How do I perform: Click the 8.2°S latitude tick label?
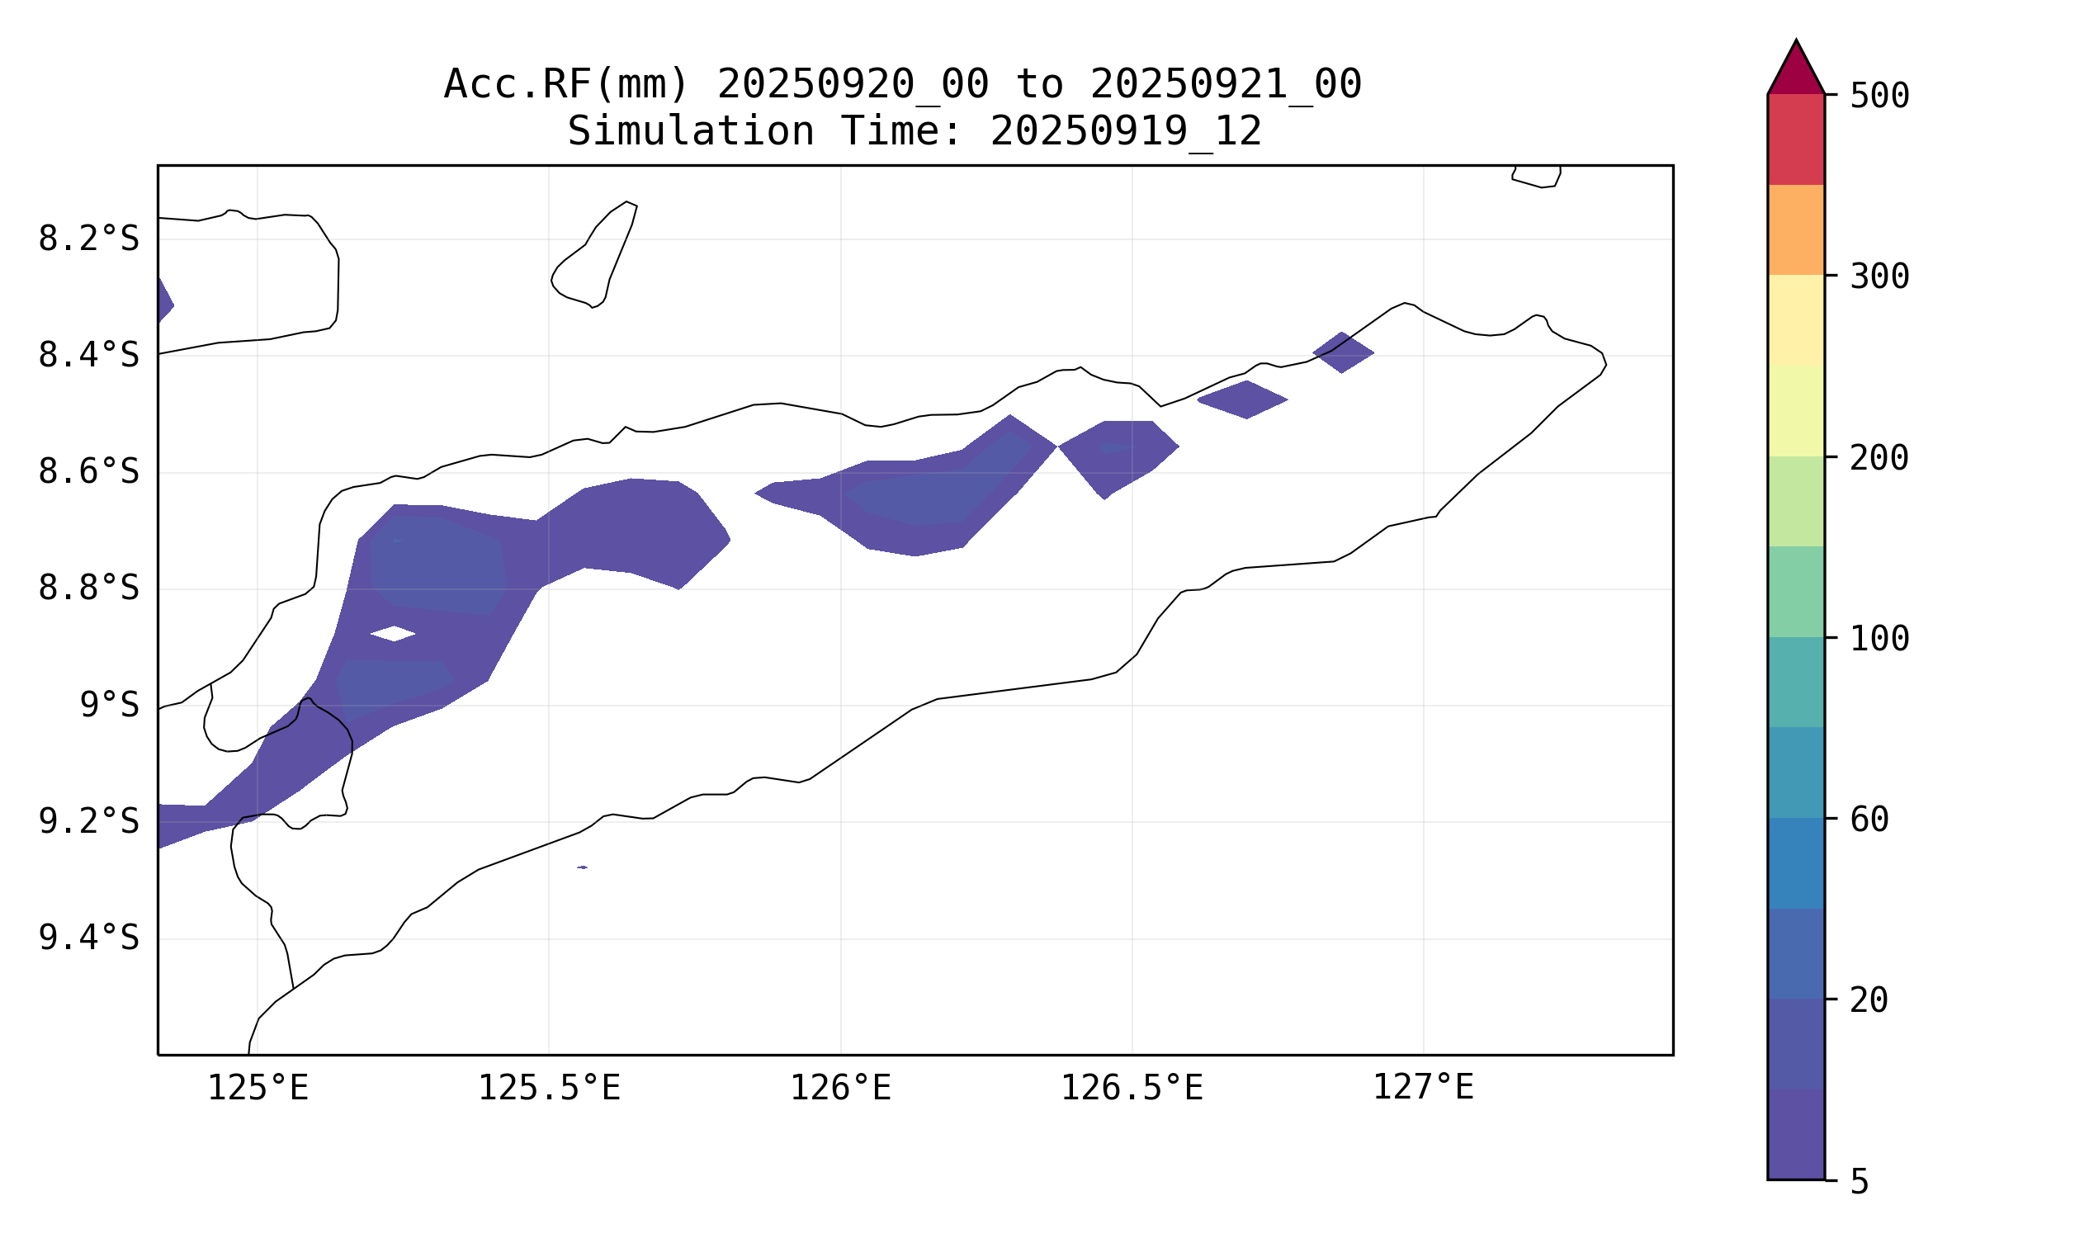pyautogui.click(x=88, y=239)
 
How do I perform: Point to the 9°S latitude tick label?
pyautogui.click(x=109, y=705)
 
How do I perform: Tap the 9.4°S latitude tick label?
pyautogui.click(x=88, y=938)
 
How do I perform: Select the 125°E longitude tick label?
pyautogui.click(x=258, y=1088)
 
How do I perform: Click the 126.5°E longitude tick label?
pyautogui.click(x=1132, y=1088)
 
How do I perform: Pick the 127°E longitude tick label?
pyautogui.click(x=1423, y=1088)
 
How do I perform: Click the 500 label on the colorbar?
pyautogui.click(x=1879, y=96)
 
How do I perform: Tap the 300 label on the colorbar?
pyautogui.click(x=1879, y=277)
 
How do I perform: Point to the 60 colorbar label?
pyautogui.click(x=1869, y=820)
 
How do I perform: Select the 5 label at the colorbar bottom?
pyautogui.click(x=1860, y=1182)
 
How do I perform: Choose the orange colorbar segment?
pyautogui.click(x=1795, y=229)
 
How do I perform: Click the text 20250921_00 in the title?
pyautogui.click(x=1226, y=84)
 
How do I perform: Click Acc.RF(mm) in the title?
pyautogui.click(x=566, y=84)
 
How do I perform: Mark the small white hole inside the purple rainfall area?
pyautogui.click(x=393, y=633)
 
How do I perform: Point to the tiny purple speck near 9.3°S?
pyautogui.click(x=582, y=867)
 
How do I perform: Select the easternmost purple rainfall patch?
pyautogui.click(x=1342, y=352)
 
